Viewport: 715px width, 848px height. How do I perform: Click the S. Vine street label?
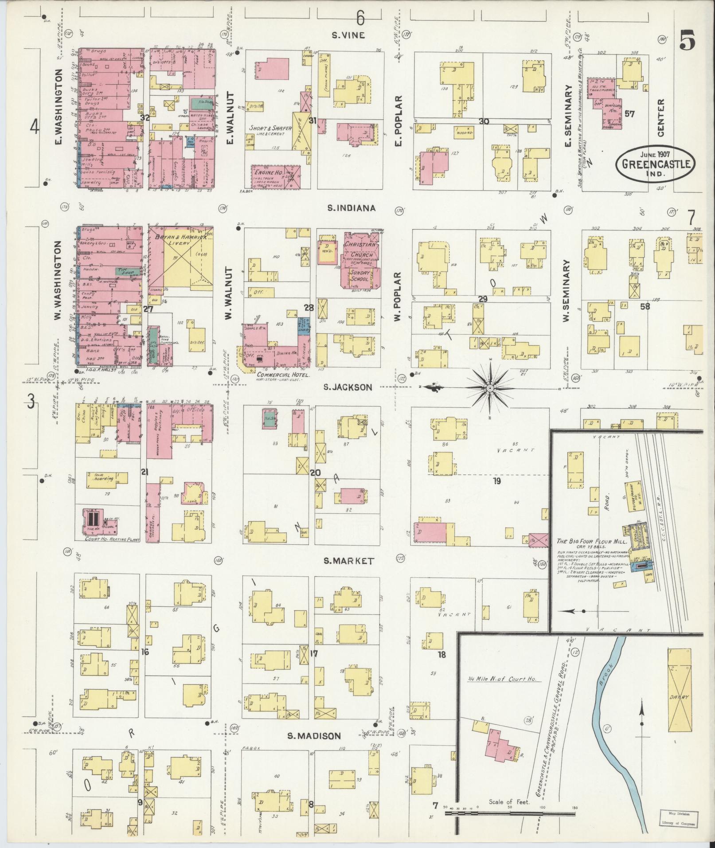pos(348,35)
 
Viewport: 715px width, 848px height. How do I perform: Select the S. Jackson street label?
pos(348,387)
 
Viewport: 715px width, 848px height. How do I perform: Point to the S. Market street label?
pos(348,561)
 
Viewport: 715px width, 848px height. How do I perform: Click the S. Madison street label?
pos(314,736)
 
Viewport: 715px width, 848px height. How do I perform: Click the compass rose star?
pos(490,389)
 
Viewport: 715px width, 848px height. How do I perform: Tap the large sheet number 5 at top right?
pos(687,41)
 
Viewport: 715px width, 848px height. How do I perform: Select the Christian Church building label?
pos(360,250)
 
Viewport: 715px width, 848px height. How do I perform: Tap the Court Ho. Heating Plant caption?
pos(113,539)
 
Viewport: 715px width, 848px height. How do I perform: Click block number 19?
pos(496,481)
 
